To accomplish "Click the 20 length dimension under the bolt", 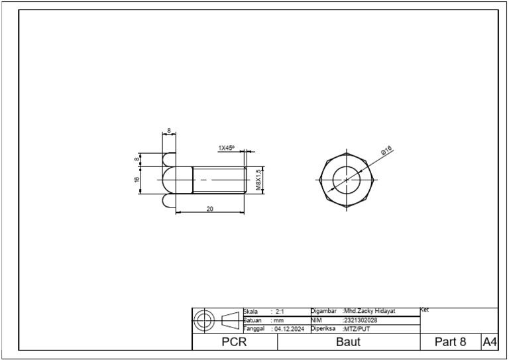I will pyautogui.click(x=210, y=209).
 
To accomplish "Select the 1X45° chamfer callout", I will pyautogui.click(x=227, y=148).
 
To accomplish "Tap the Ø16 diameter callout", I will pyautogui.click(x=386, y=152).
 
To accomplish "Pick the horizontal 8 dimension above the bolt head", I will pyautogui.click(x=169, y=131).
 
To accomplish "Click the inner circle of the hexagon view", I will pyautogui.click(x=347, y=179).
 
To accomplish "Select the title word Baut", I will pyautogui.click(x=348, y=342).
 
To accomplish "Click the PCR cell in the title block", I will pyautogui.click(x=234, y=342).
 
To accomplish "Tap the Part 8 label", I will pyautogui.click(x=450, y=342).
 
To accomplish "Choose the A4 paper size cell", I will pyautogui.click(x=490, y=342).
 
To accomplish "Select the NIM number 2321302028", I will pyautogui.click(x=360, y=320).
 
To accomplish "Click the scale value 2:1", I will pyautogui.click(x=278, y=311).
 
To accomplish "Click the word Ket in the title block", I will pyautogui.click(x=425, y=310).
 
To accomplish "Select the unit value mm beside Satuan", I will pyautogui.click(x=278, y=320).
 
